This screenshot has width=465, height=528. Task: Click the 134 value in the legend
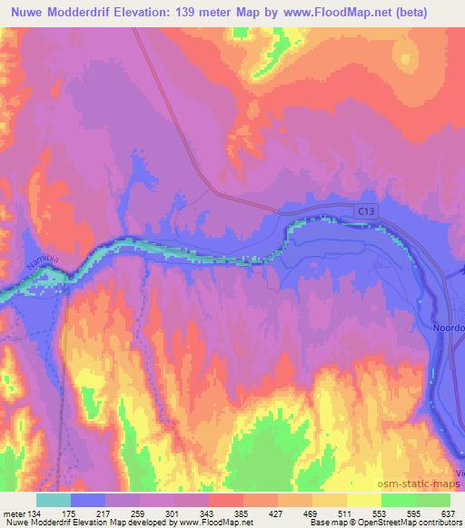[x=34, y=513]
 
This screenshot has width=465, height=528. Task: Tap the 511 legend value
[x=345, y=513]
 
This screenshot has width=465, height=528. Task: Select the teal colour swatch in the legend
[x=54, y=500]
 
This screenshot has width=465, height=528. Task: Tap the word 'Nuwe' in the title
[x=25, y=11]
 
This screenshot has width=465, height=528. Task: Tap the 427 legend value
[x=276, y=513]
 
